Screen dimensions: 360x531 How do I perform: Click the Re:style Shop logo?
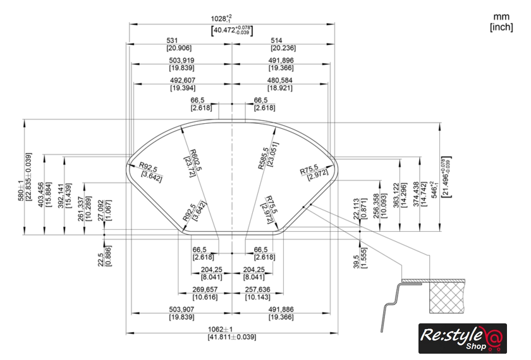tap(462, 339)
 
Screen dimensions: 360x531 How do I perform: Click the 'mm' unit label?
tap(502, 16)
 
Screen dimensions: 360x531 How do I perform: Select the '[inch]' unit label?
tap(501, 27)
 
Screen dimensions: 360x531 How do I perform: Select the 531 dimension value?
tap(179, 40)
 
